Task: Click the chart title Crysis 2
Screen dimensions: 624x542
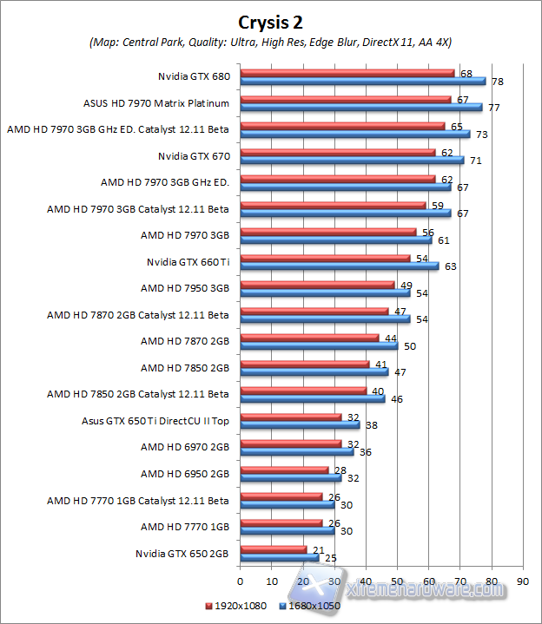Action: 270,22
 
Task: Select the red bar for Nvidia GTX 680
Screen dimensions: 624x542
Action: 347,73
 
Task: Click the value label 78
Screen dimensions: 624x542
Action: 497,82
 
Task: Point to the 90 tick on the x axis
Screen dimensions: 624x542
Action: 522,580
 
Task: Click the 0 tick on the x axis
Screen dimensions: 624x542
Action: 240,580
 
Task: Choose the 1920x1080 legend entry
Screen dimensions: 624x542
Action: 236,607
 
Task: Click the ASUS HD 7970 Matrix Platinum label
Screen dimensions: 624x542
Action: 156,103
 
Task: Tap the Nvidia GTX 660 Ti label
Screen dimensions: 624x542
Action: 188,261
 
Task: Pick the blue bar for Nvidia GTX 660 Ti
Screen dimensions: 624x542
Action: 339,266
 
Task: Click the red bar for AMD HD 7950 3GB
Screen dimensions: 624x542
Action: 317,285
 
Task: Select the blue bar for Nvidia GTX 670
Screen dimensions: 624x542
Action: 352,161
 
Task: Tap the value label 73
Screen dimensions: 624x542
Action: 481,135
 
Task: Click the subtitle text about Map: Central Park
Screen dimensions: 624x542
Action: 271,42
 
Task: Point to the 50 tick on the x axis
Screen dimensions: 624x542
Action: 397,580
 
